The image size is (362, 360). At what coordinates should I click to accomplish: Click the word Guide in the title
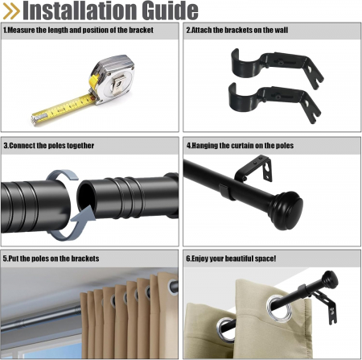[170, 10]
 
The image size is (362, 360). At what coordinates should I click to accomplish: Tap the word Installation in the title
[80, 10]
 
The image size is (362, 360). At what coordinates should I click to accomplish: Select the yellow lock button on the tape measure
[93, 81]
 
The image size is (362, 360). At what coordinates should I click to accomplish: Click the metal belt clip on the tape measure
[118, 84]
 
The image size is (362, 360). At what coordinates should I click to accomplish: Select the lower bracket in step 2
[274, 102]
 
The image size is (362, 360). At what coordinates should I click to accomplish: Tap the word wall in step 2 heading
[281, 30]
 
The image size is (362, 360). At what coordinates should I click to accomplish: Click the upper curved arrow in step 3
[62, 175]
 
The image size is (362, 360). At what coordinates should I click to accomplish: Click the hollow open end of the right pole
[85, 196]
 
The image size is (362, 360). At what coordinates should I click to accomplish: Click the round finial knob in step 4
[286, 210]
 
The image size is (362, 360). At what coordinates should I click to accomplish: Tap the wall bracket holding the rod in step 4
[254, 170]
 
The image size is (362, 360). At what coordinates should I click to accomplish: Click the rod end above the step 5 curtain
[174, 288]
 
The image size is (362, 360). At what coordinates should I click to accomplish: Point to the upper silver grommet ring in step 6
[277, 306]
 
